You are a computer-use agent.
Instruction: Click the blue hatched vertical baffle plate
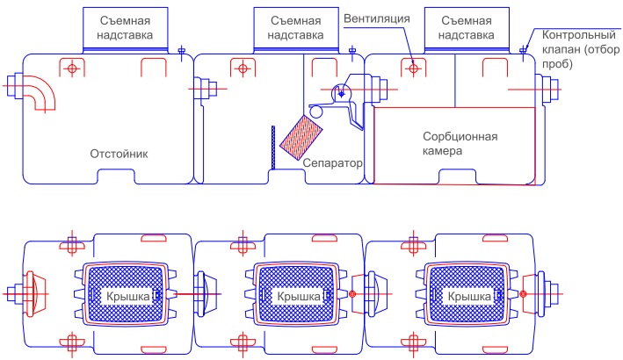275,147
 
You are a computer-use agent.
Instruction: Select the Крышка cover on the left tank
122,295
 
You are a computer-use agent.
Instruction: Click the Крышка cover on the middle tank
292,295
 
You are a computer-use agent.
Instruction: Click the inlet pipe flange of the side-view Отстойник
13,87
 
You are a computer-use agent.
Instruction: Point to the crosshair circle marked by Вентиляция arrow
412,68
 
